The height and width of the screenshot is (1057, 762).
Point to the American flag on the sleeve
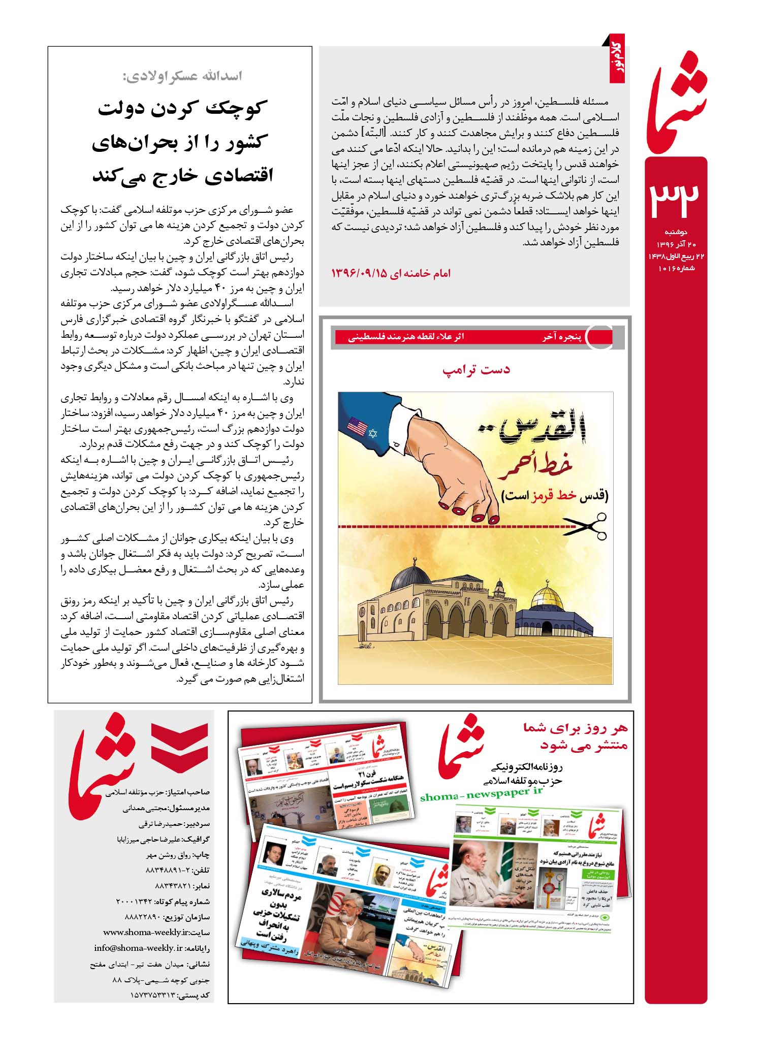pos(357,427)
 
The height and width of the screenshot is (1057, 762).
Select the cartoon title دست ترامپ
pos(476,370)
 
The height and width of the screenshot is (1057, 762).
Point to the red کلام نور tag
pos(617,59)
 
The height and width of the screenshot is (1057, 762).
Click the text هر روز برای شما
pos(576,728)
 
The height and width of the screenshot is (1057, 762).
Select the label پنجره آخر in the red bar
pos(558,337)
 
